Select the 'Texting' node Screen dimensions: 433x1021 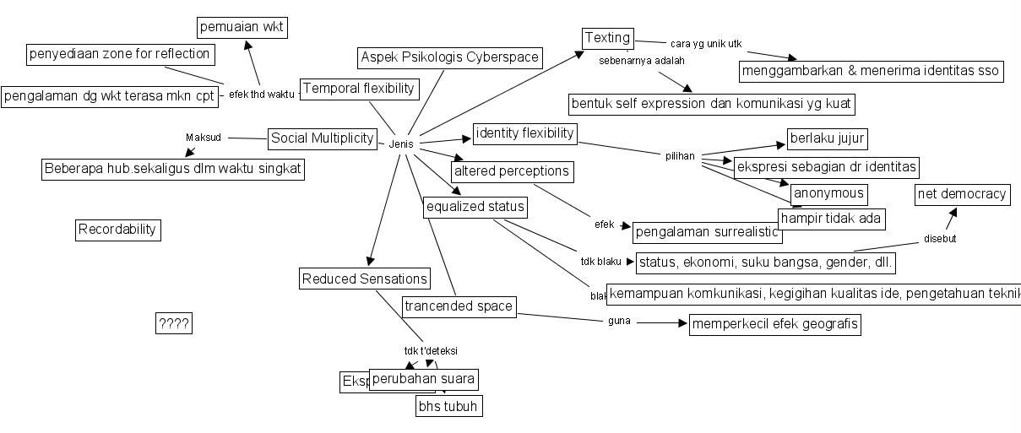coord(608,38)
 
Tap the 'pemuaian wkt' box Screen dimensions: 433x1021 coord(242,28)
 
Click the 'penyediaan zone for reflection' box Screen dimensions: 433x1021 coord(119,55)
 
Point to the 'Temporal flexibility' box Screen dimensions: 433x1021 coord(360,89)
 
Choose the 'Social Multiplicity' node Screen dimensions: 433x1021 coord(323,138)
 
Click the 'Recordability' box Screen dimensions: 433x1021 coord(118,230)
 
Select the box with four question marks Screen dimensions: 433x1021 coord(174,323)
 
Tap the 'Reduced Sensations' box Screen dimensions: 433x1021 coord(365,279)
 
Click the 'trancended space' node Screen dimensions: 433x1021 coord(459,306)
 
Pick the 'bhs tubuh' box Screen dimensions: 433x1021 coord(448,406)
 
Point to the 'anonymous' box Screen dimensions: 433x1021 coord(828,194)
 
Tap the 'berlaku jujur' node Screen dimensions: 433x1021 coord(828,138)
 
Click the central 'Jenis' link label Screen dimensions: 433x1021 coord(401,144)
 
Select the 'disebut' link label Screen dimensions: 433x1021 coord(939,239)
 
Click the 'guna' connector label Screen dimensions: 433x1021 coord(619,322)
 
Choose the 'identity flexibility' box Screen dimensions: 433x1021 coord(524,133)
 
